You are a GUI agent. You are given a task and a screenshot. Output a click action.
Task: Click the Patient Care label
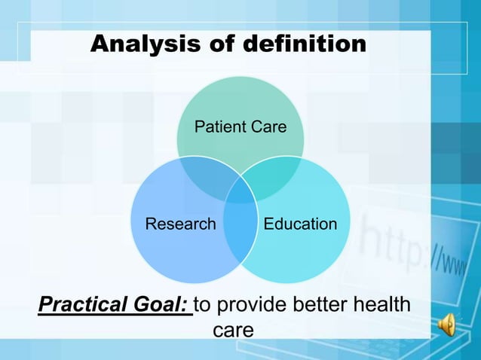pyautogui.click(x=240, y=127)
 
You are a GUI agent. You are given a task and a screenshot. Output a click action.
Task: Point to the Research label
pyautogui.click(x=180, y=224)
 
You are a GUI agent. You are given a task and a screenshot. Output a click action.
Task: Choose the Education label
pyautogui.click(x=300, y=224)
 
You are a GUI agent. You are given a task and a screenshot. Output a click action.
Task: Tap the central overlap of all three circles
pyautogui.click(x=240, y=191)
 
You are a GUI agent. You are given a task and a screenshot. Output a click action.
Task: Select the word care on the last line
pyautogui.click(x=233, y=331)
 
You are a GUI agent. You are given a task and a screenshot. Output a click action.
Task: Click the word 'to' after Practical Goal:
pyautogui.click(x=204, y=307)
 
